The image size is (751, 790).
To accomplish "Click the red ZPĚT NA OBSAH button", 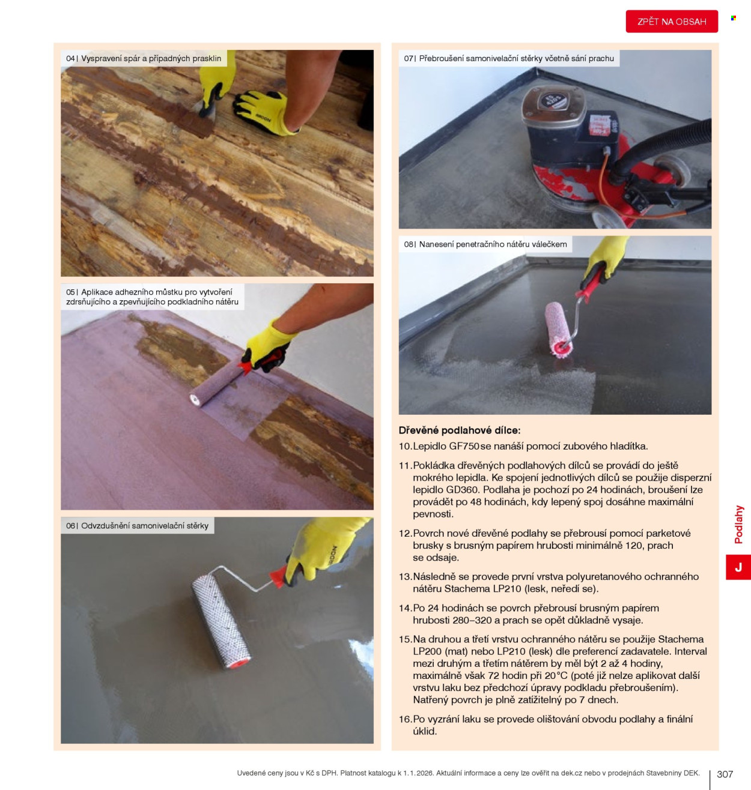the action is point(671,21).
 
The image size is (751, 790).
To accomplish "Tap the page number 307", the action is point(725,774).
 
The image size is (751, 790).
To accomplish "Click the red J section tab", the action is point(738,567).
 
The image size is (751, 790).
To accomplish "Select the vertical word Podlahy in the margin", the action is point(738,525).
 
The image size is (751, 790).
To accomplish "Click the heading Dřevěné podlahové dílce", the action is point(460,430).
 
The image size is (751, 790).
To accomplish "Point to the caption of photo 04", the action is point(144,58).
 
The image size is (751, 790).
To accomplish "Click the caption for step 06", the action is point(137,526).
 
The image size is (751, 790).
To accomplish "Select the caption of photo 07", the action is point(509,58).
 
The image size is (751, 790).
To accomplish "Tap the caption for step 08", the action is point(485,244).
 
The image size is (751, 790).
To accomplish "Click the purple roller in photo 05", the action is point(217,382).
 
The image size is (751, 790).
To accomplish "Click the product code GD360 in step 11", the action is point(462,490).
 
